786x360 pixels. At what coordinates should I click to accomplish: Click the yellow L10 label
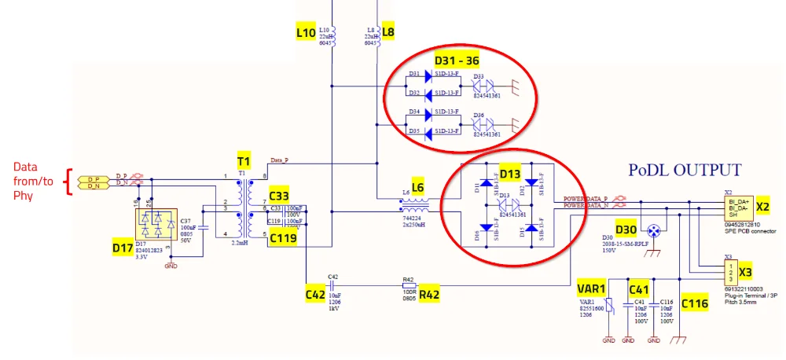[x=306, y=33]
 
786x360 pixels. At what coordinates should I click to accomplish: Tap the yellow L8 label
[x=388, y=32]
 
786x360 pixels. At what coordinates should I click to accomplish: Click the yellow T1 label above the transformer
[x=244, y=160]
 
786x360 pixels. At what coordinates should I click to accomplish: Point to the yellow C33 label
[x=279, y=195]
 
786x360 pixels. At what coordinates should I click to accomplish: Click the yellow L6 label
[x=417, y=188]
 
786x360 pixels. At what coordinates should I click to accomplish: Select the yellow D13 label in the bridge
[x=511, y=174]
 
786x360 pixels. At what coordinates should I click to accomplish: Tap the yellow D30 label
[x=626, y=230]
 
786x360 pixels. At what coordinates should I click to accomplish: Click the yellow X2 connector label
[x=762, y=207]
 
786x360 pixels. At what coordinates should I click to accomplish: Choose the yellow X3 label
[x=746, y=273]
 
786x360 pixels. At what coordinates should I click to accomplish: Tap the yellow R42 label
[x=429, y=295]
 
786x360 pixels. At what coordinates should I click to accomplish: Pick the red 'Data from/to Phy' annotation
[x=34, y=182]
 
